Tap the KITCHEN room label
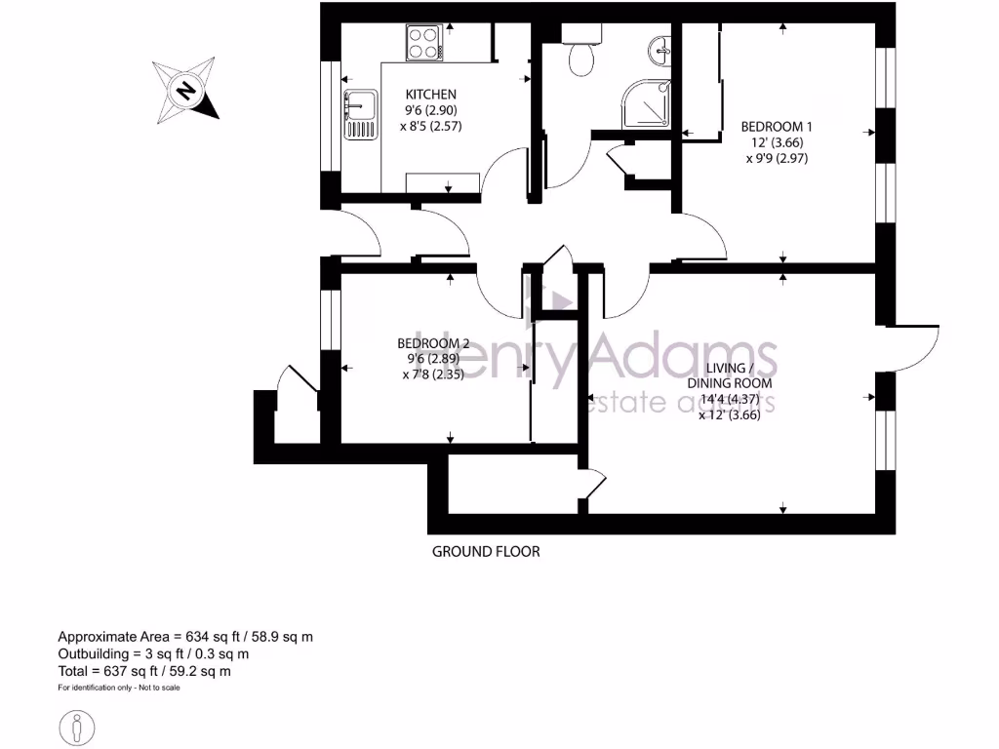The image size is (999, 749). pyautogui.click(x=430, y=95)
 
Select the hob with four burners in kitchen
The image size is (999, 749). pyautogui.click(x=423, y=43)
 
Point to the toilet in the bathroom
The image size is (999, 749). pyautogui.click(x=582, y=59)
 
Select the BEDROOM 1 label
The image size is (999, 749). pyautogui.click(x=777, y=127)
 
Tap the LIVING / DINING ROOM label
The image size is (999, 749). pyautogui.click(x=738, y=375)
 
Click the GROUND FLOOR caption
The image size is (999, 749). pyautogui.click(x=486, y=551)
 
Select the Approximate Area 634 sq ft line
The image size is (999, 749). pyautogui.click(x=185, y=637)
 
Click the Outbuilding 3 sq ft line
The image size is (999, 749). pyautogui.click(x=153, y=654)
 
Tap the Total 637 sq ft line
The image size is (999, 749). pyautogui.click(x=144, y=671)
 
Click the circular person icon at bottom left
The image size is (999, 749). pyautogui.click(x=77, y=726)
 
